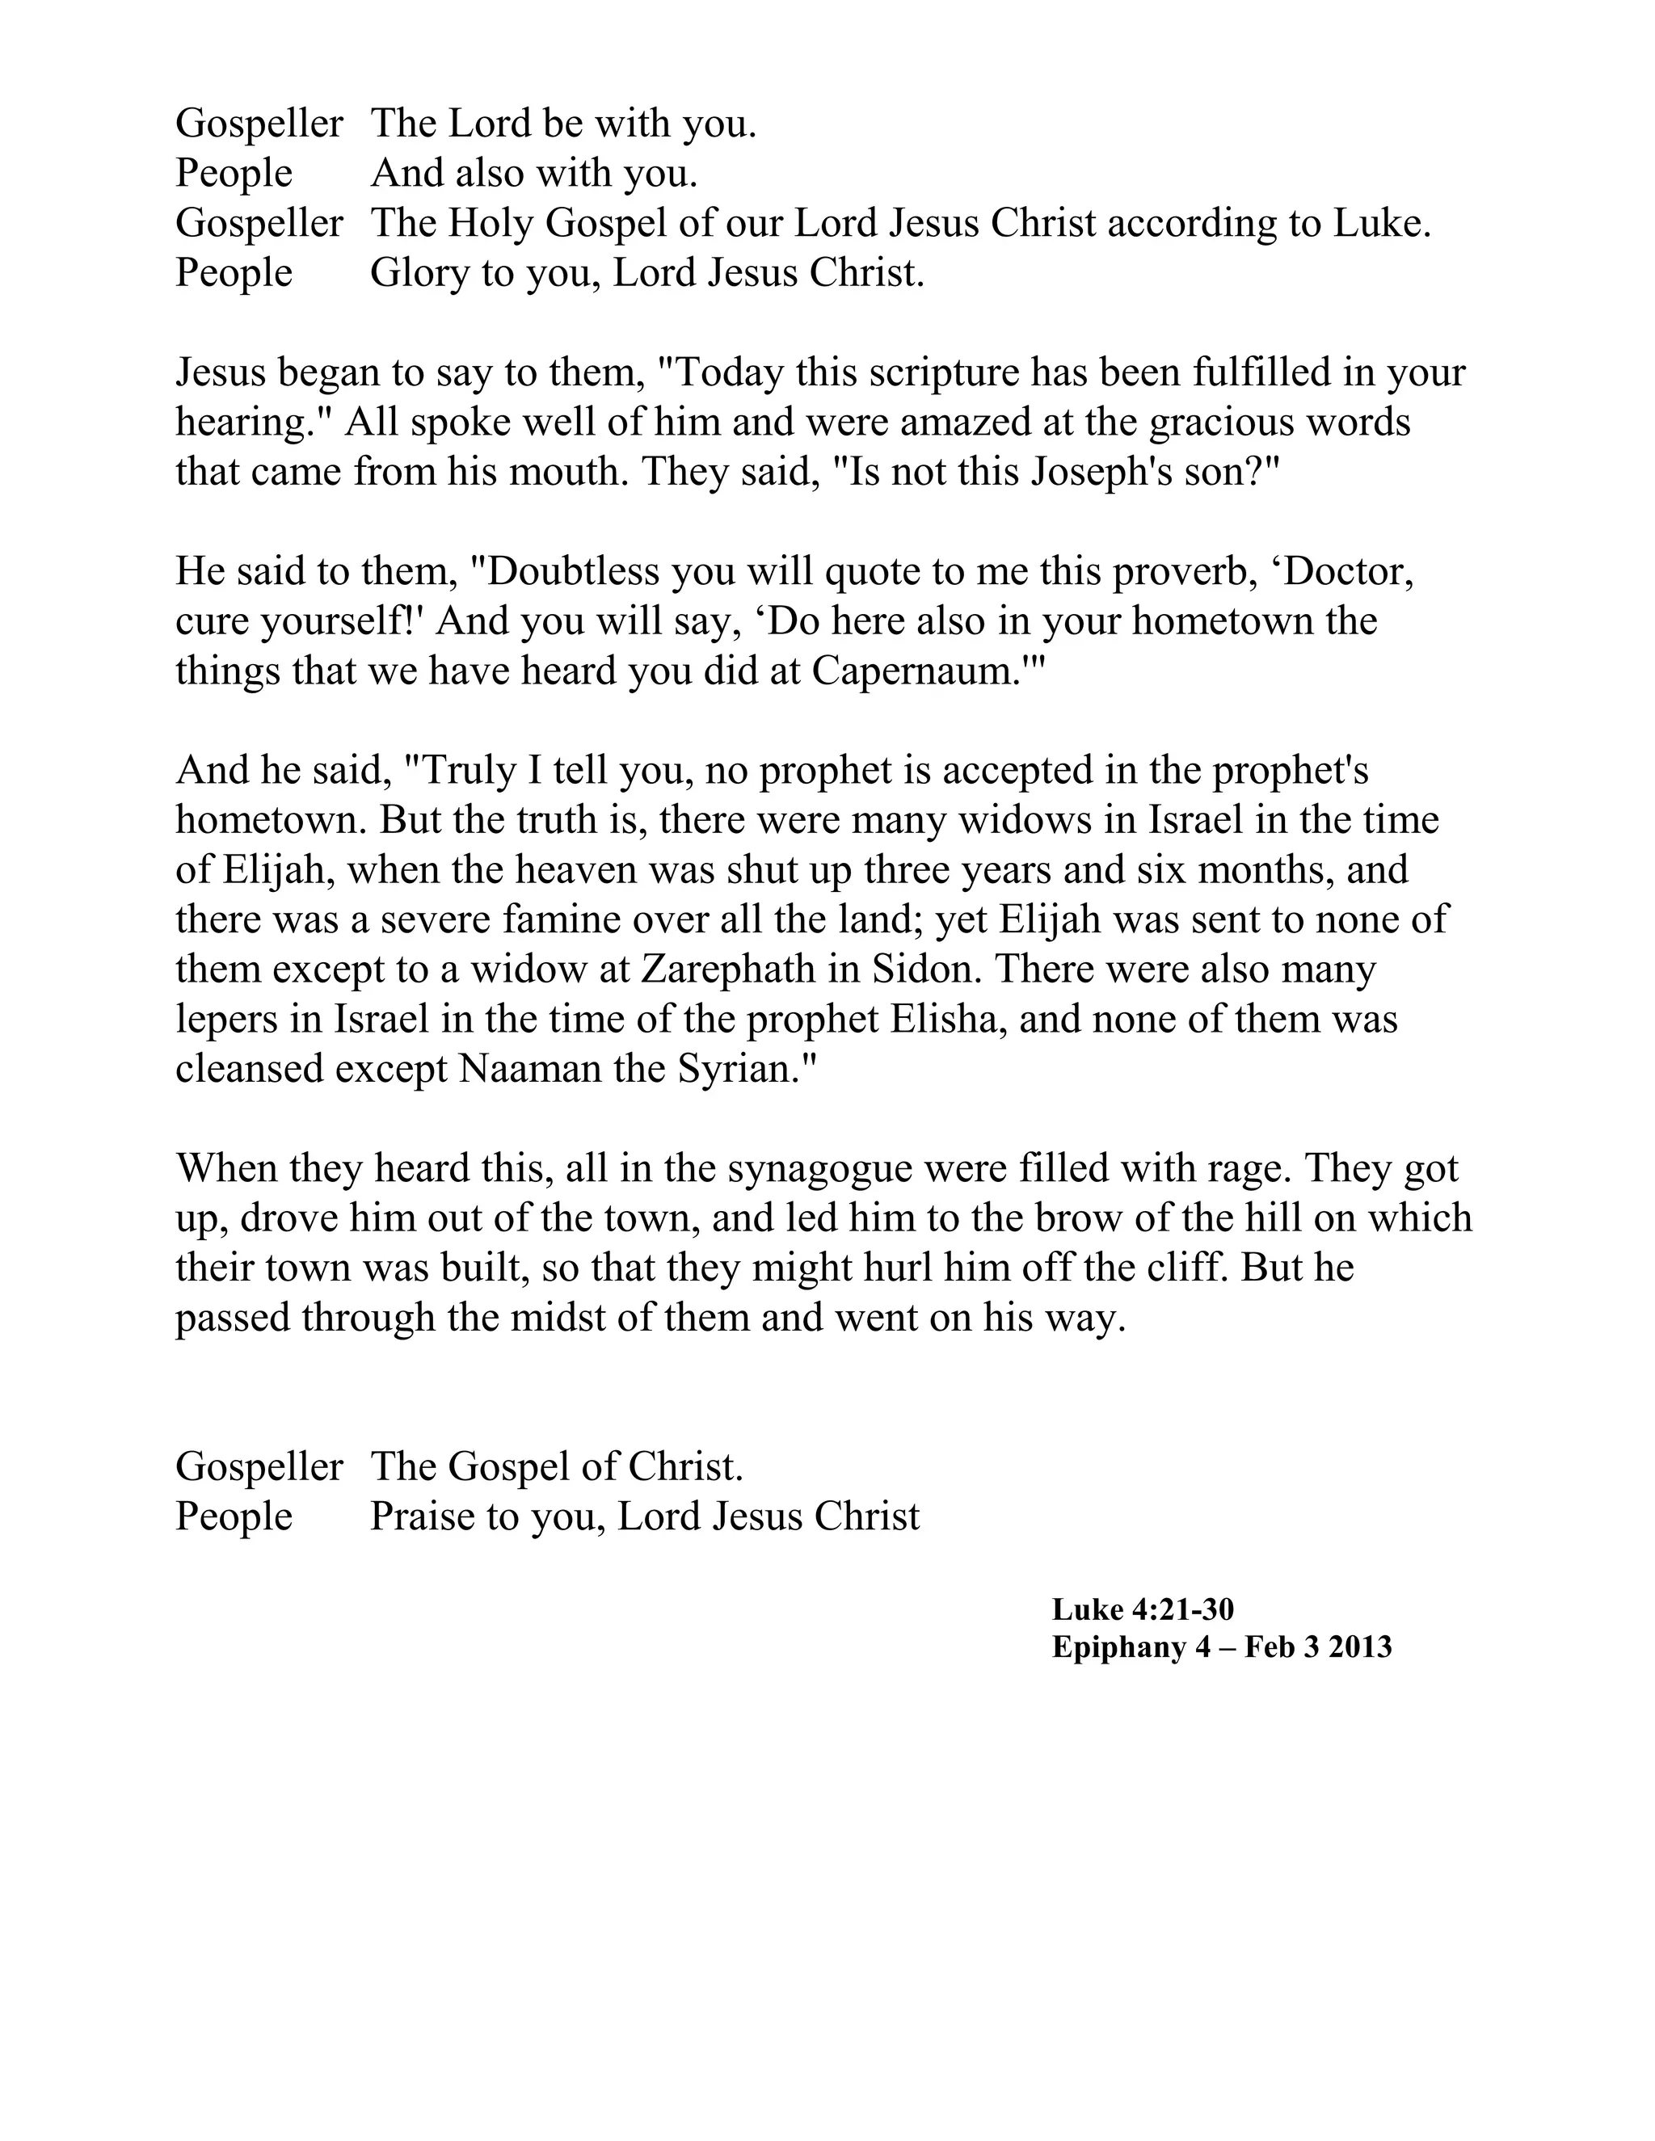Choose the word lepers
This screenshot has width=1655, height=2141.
pyautogui.click(x=226, y=1020)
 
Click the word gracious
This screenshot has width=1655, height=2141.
pyautogui.click(x=1231, y=423)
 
